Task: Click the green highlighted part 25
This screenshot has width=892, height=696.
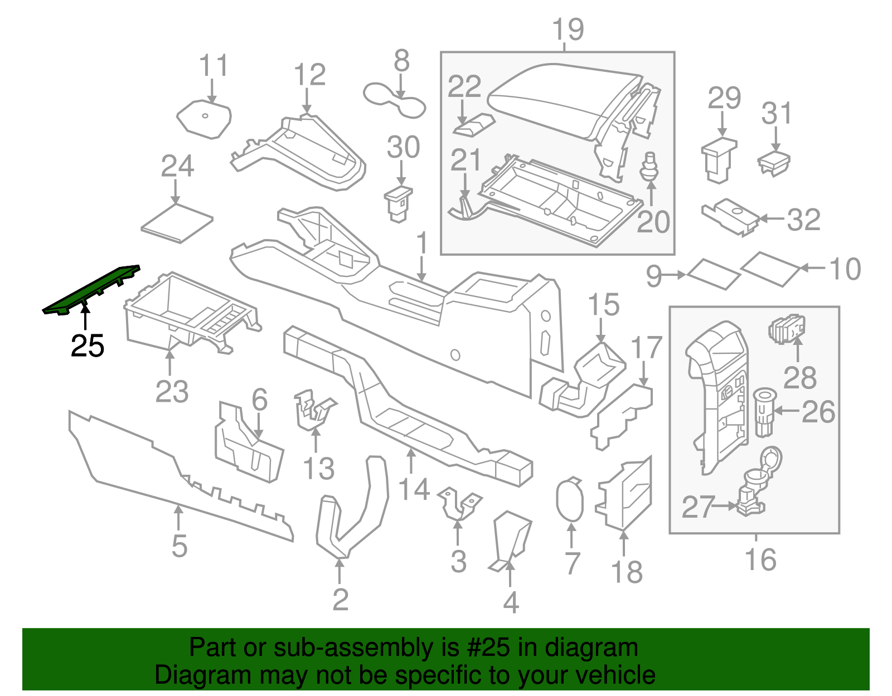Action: coord(92,289)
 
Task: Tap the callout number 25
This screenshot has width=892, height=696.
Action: coord(88,347)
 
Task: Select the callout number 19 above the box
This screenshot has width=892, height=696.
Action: coord(568,30)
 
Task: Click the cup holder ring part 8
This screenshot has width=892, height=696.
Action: coord(394,99)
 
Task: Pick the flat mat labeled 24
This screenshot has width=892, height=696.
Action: coord(177,223)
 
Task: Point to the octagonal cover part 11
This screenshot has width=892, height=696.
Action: coord(204,119)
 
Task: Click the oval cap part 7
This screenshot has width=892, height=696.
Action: coord(569,500)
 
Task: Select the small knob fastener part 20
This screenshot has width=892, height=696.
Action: coord(648,167)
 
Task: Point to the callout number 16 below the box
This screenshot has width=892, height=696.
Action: coord(760,559)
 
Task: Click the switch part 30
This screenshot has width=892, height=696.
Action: coord(398,203)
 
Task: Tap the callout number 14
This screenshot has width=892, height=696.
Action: coord(414,489)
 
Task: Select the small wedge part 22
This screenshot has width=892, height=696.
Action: coord(474,125)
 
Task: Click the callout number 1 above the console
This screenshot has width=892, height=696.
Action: coord(422,244)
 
